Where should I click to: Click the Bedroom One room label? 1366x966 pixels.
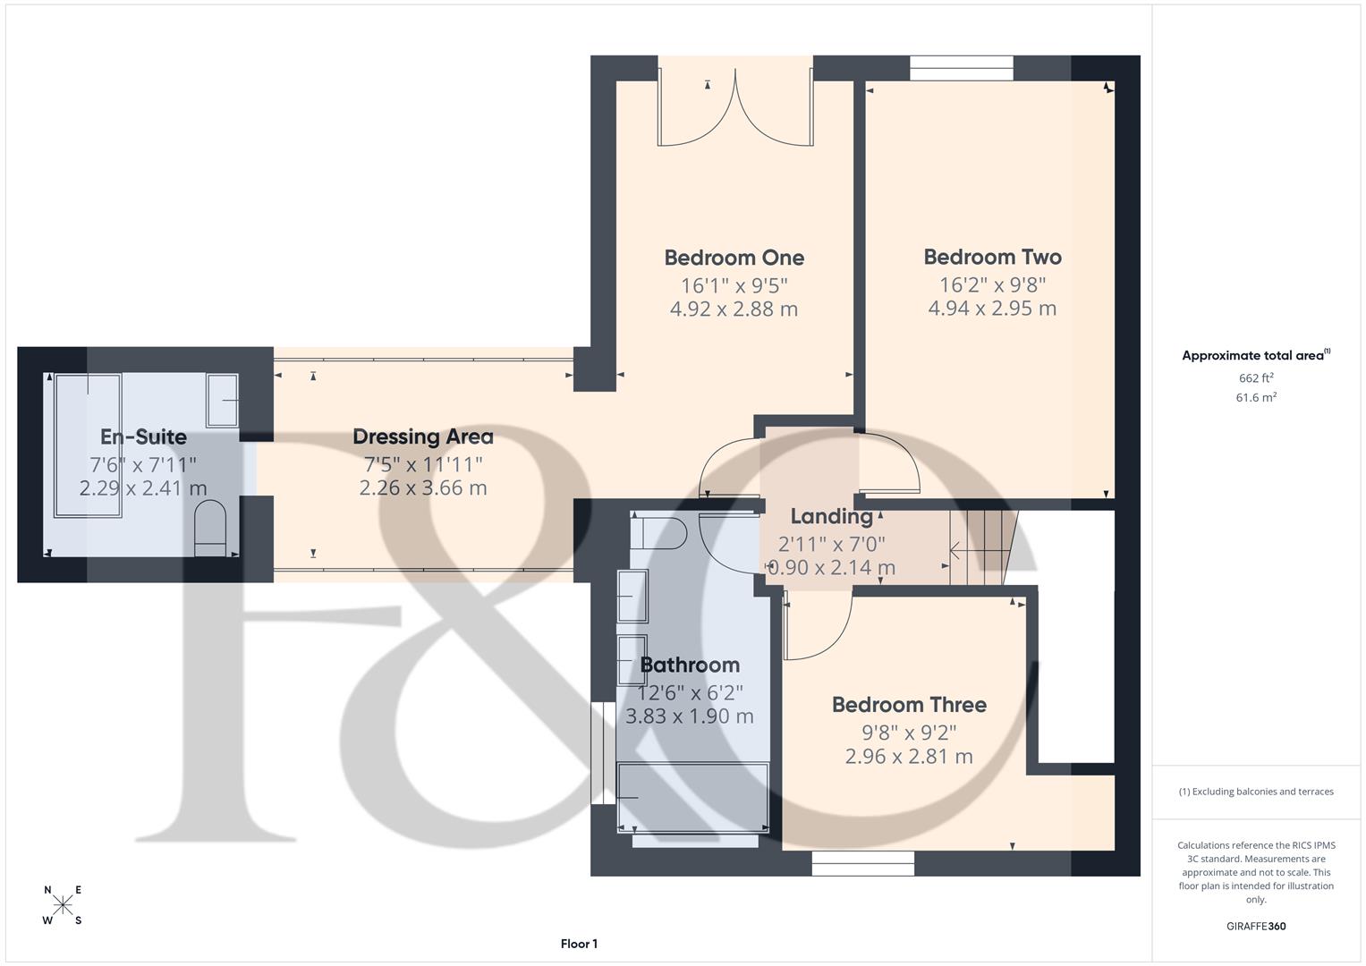[734, 258]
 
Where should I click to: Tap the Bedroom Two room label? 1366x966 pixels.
[992, 257]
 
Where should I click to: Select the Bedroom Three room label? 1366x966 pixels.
[909, 704]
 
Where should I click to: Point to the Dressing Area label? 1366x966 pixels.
[422, 436]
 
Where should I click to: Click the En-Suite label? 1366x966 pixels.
[143, 436]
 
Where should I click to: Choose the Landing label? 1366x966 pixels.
[831, 516]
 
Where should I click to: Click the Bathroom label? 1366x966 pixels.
[690, 665]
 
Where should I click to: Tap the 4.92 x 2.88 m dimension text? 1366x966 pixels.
[734, 309]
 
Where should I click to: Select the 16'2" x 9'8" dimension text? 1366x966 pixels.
[992, 284]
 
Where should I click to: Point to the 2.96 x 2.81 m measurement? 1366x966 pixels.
[909, 756]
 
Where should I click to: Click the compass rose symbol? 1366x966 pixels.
[63, 905]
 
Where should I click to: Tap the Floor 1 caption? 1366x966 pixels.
[579, 944]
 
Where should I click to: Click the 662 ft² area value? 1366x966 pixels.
[1256, 378]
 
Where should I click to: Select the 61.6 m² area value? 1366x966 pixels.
[1256, 398]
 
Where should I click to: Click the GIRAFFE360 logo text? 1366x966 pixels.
[1256, 926]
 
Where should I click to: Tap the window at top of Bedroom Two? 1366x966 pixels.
[962, 68]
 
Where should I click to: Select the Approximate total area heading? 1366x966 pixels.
[1255, 355]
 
